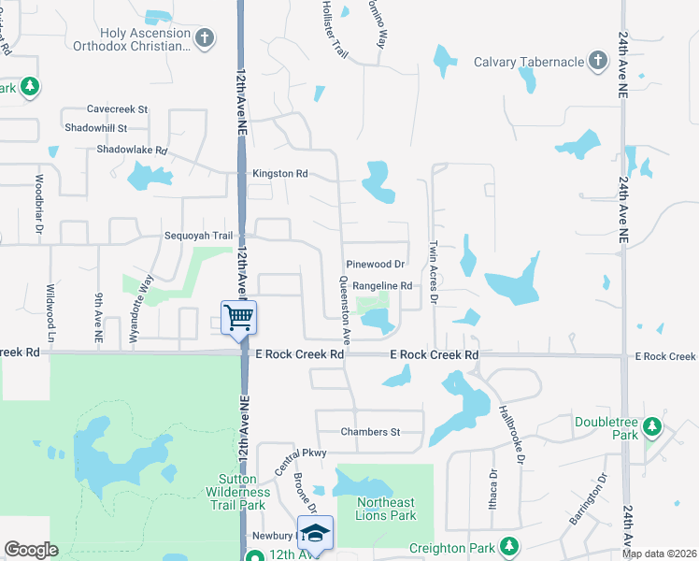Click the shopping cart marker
pyautogui.click(x=239, y=318)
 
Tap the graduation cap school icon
pyautogui.click(x=315, y=533)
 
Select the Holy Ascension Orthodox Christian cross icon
pyautogui.click(x=206, y=38)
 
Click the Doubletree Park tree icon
pyautogui.click(x=652, y=429)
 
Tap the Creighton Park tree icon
pyautogui.click(x=508, y=545)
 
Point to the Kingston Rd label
pyautogui.click(x=279, y=174)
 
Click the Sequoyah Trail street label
pyautogui.click(x=198, y=236)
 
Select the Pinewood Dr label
pyautogui.click(x=374, y=265)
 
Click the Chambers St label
pyautogui.click(x=370, y=432)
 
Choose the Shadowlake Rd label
pyautogui.click(x=132, y=150)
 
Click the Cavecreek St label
pyautogui.click(x=117, y=109)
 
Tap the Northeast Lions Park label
pyautogui.click(x=386, y=509)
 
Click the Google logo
pyautogui.click(x=31, y=550)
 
